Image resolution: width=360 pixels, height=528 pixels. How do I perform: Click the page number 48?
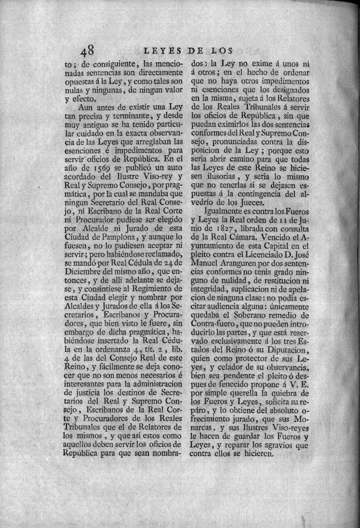coord(90,51)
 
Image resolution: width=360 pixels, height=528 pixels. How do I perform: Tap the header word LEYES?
coord(162,50)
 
